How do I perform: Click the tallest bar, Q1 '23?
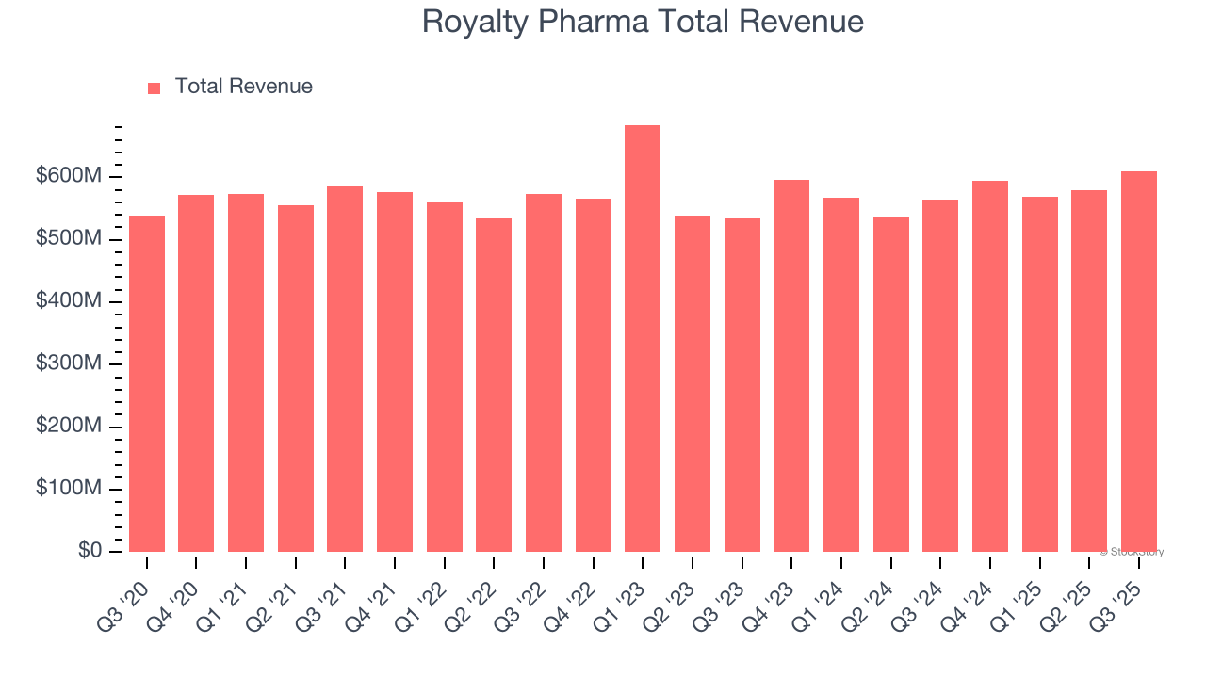point(643,339)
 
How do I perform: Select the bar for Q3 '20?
point(147,383)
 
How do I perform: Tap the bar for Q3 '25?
point(1139,362)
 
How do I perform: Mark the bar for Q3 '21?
point(345,369)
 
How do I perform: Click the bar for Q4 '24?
point(990,366)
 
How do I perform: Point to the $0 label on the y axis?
point(90,551)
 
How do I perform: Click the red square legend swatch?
point(155,88)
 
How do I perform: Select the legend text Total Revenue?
point(243,87)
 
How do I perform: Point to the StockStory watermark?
point(1132,552)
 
